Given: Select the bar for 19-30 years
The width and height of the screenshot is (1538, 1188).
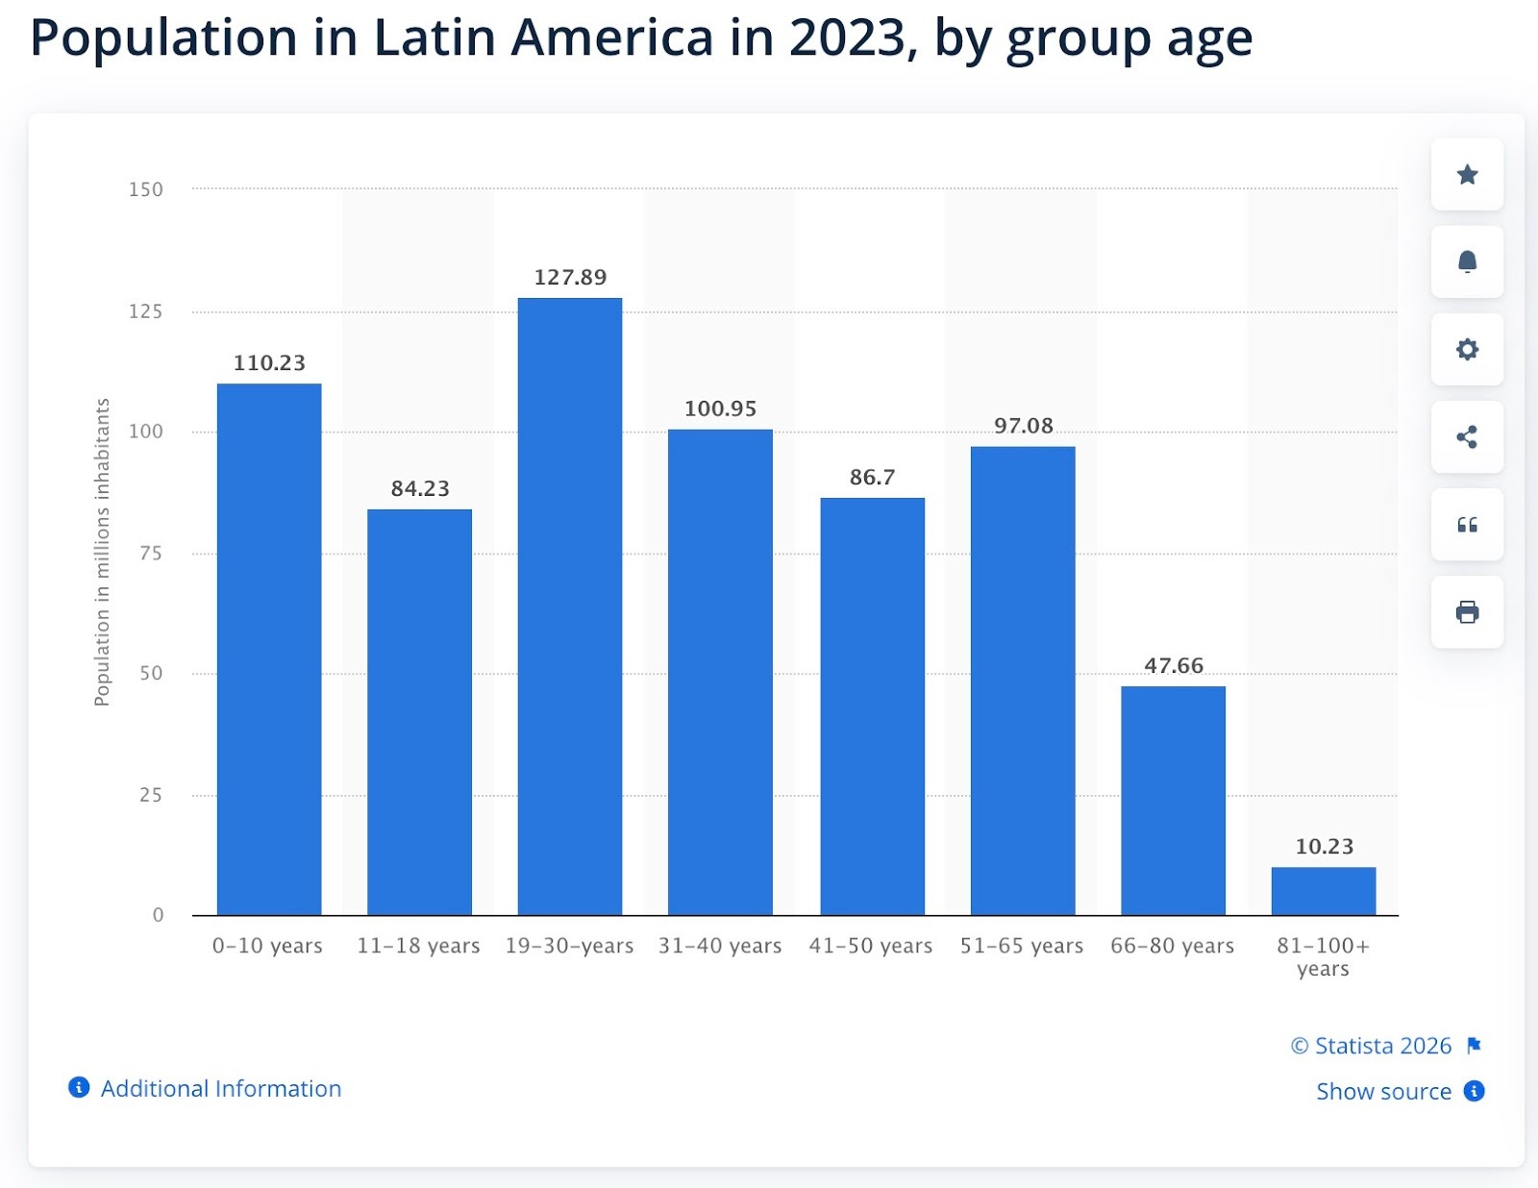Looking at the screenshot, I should [x=569, y=606].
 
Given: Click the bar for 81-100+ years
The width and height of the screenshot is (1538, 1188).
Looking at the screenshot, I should [x=1323, y=891].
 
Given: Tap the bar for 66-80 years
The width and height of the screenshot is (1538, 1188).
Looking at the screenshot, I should [x=1173, y=800].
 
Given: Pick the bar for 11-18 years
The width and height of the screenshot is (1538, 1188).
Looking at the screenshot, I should [x=419, y=711].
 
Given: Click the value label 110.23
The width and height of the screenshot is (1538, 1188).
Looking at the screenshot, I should [x=269, y=363].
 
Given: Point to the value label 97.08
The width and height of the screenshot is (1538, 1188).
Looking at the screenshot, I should [x=1023, y=426].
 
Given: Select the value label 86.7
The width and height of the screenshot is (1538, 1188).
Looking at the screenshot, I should [x=872, y=478].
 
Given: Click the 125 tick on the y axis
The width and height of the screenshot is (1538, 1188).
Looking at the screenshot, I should [x=146, y=311].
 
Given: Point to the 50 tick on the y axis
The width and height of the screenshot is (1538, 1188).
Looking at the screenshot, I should [x=151, y=674].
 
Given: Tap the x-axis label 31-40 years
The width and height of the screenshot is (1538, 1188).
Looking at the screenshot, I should [x=720, y=946].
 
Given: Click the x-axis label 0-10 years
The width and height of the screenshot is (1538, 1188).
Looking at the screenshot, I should [x=267, y=946].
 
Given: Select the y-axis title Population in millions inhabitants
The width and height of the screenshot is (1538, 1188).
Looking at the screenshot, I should [x=102, y=553].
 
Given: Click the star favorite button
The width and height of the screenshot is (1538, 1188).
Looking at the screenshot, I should [x=1467, y=175].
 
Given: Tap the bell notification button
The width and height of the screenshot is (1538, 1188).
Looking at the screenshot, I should [x=1467, y=262].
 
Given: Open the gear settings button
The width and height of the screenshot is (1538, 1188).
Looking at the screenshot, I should [x=1467, y=350].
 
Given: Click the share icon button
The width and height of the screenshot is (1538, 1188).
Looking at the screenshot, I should [x=1467, y=437].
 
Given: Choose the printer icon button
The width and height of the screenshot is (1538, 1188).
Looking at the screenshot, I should [x=1467, y=612].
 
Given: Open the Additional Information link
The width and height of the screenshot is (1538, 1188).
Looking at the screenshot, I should [x=220, y=1089].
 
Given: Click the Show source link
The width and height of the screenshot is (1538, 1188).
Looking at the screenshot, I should [x=1383, y=1092].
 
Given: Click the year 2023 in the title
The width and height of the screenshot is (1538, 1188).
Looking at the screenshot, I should [x=846, y=38].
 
